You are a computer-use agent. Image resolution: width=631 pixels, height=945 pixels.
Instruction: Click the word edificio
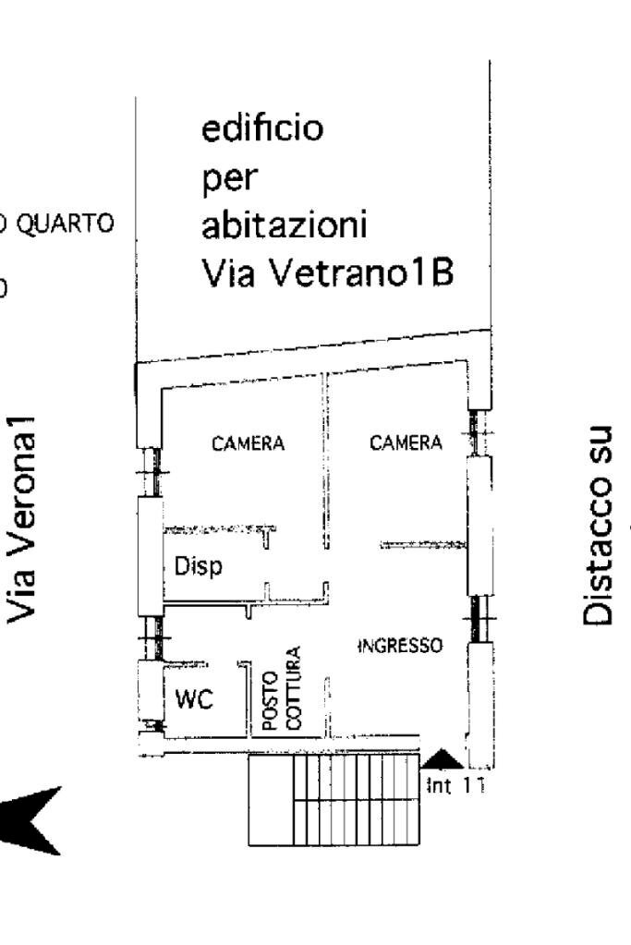(x=263, y=128)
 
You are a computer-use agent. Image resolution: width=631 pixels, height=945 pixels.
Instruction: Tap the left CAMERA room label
(x=249, y=444)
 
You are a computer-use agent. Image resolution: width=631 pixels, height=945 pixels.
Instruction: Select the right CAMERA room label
(x=406, y=443)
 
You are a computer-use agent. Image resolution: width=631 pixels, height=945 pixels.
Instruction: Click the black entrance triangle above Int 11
(x=443, y=759)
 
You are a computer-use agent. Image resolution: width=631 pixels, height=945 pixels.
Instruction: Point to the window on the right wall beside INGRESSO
(x=475, y=618)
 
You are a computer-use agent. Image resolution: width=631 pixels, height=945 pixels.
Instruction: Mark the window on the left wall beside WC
(x=150, y=637)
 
